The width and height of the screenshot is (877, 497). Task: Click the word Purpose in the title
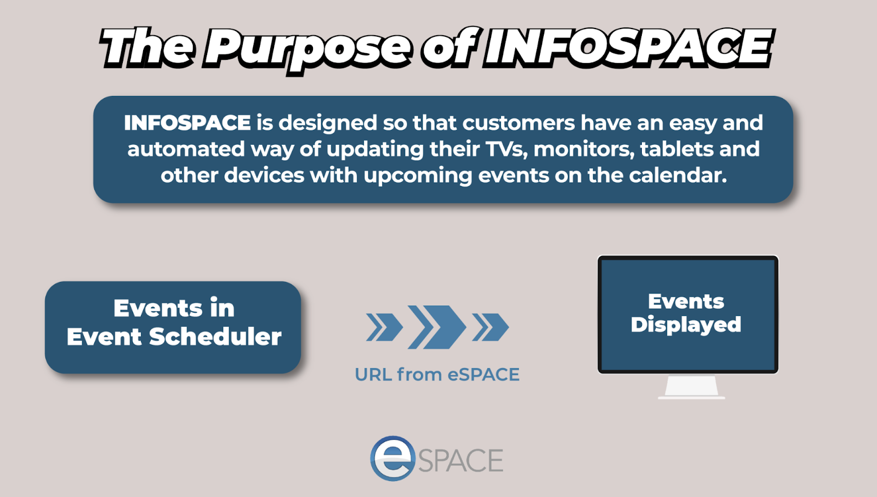[309, 49]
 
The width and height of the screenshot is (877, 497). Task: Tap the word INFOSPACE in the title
[628, 47]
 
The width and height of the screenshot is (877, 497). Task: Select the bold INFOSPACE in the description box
[187, 123]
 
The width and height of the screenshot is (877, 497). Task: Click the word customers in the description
[519, 123]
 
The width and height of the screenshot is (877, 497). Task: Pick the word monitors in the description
[584, 149]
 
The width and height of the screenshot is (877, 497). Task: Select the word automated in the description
[186, 149]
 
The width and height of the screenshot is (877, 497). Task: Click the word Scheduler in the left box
[215, 336]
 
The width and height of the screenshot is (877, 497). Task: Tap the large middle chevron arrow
[437, 327]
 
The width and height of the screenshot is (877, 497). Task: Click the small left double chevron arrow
[384, 327]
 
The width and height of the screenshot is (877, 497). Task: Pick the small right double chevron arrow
[490, 327]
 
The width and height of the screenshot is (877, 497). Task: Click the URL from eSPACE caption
[437, 374]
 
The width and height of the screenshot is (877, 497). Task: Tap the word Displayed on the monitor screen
[686, 325]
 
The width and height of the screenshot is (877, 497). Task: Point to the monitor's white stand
[691, 387]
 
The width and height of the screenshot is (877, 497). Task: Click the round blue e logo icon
[392, 458]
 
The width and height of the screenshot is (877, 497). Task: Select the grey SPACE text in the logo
[460, 460]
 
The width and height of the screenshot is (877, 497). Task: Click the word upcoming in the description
[418, 176]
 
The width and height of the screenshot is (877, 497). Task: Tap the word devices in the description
[264, 175]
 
